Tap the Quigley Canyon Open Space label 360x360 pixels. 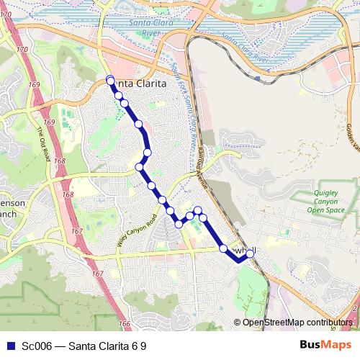pos(331,203)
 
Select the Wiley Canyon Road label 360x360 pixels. pos(136,231)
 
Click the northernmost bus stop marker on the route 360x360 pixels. pos(110,80)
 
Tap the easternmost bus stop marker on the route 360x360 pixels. pos(251,253)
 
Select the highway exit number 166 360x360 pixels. pos(125,325)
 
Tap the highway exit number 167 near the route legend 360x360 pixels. pos(98,274)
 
